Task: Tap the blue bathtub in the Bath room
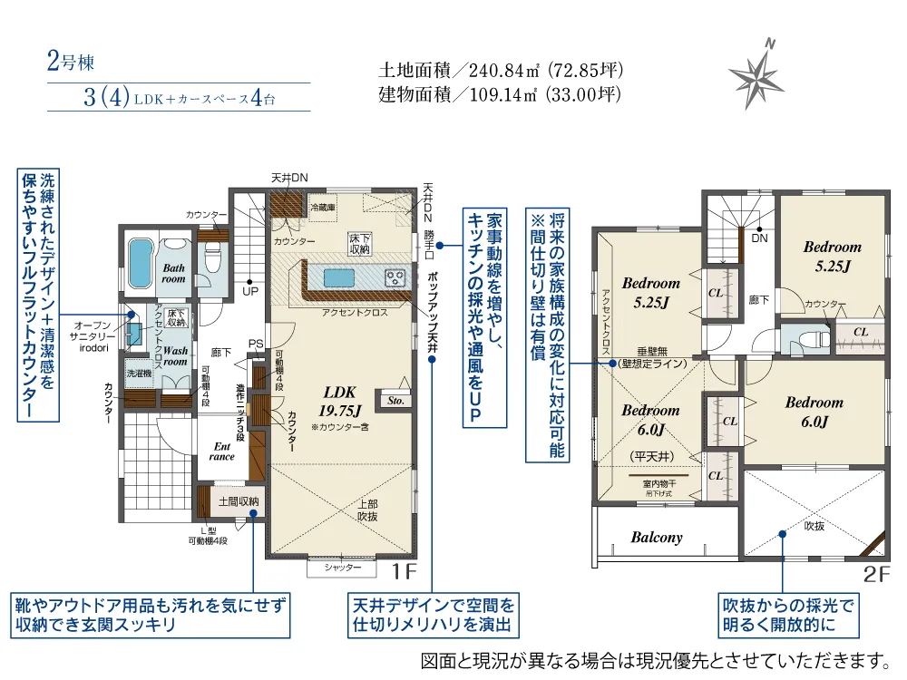click(141, 262)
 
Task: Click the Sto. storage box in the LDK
click(395, 400)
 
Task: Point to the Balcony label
click(656, 538)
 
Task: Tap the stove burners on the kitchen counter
click(395, 277)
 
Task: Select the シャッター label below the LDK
click(343, 568)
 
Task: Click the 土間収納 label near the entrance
click(239, 501)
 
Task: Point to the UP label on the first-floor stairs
click(249, 292)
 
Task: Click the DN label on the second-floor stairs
click(759, 238)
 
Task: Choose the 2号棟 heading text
click(70, 63)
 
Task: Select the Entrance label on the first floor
click(222, 451)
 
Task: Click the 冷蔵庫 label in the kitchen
click(322, 207)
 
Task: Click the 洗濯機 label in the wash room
click(139, 374)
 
